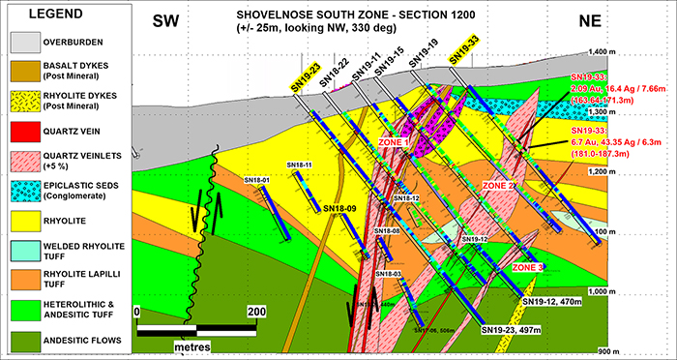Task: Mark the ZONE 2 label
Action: coord(500,184)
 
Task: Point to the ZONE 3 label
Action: coord(528,267)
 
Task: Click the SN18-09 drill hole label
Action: coord(340,208)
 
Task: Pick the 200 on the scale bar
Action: coord(256,313)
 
